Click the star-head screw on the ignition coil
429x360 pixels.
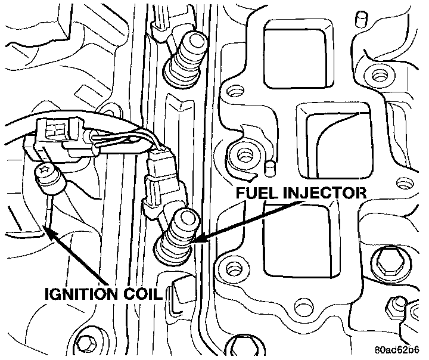(45, 172)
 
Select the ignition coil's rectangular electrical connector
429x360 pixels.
(56, 131)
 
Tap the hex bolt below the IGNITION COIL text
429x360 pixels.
(87, 344)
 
